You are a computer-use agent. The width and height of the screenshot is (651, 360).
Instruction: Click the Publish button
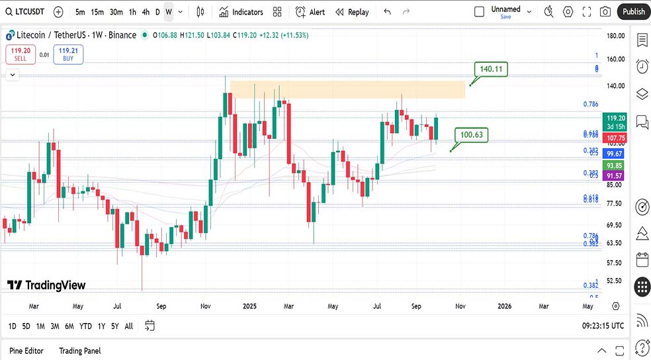click(x=633, y=11)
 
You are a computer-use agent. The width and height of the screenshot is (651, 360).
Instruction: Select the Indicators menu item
click(x=241, y=12)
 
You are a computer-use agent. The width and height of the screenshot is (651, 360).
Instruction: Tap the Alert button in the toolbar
click(x=310, y=12)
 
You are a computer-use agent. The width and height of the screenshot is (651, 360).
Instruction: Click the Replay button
click(x=352, y=12)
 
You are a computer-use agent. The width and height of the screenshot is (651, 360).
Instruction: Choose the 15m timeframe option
click(x=97, y=12)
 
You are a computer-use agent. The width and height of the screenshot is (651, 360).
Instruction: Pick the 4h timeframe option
click(x=146, y=12)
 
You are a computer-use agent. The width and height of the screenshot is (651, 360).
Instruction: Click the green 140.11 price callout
click(x=491, y=69)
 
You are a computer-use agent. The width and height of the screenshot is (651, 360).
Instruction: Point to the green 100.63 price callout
click(x=472, y=135)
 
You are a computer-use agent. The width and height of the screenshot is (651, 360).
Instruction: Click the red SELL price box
click(x=21, y=54)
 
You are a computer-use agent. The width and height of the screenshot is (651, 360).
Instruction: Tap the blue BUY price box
click(x=69, y=54)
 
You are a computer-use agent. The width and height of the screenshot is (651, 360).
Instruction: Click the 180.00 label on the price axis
click(x=616, y=36)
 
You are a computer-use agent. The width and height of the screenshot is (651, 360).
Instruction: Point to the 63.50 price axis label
click(x=616, y=243)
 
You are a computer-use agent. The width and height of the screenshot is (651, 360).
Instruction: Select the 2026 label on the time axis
click(x=504, y=306)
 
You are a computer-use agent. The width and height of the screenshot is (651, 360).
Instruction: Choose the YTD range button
click(x=85, y=326)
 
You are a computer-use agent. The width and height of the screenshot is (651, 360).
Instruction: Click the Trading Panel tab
click(x=79, y=351)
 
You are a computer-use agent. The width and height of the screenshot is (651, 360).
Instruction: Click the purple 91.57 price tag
click(x=615, y=175)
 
